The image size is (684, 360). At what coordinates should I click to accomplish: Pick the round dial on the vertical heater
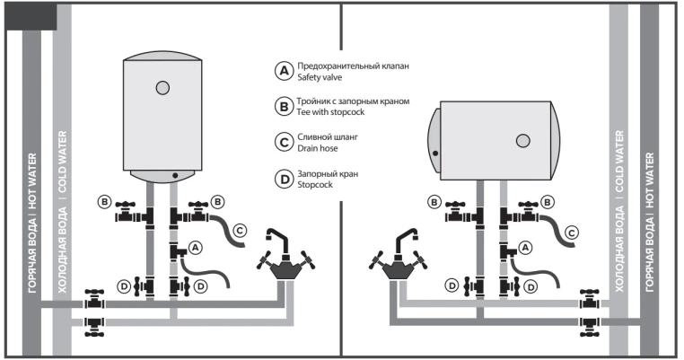pos(162,87)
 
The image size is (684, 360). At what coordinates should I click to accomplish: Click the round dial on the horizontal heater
pos(522,140)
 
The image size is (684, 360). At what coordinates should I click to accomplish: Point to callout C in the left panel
pos(240,231)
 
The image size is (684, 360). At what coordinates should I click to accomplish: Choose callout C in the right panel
pos(573,232)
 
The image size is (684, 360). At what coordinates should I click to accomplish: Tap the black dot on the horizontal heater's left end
pos(435,153)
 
